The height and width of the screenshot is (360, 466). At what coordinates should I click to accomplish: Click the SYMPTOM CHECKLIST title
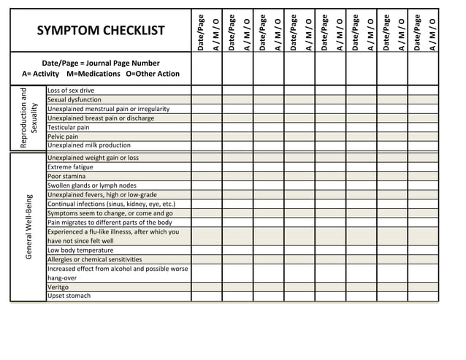coord(101,31)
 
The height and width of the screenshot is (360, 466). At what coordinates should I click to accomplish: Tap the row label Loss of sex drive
coord(71,91)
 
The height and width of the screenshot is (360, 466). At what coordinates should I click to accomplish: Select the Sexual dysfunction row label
coord(75,99)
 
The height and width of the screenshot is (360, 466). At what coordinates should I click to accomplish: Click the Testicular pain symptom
coord(69,127)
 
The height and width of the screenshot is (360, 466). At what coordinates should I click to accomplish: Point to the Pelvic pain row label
coord(63,137)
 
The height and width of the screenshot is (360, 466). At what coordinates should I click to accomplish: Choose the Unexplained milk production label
coord(89,145)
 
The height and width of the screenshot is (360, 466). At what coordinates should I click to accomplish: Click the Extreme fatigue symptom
coord(70,167)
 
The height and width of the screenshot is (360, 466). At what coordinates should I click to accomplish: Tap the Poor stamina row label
coord(65,176)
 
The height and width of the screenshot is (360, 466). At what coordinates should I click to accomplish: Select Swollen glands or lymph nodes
coord(92,185)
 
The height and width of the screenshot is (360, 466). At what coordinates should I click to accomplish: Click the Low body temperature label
coord(80,250)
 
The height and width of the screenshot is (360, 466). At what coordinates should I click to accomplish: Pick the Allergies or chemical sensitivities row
coord(95,259)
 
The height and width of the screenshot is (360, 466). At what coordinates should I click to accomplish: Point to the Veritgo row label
coord(58,287)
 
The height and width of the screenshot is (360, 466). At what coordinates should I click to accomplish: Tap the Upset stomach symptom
coord(69,296)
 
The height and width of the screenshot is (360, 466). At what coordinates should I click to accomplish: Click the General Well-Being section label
coord(28,226)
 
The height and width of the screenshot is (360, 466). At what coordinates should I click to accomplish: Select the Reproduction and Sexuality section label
coord(28,118)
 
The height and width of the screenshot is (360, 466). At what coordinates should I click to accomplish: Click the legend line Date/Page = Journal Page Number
coord(101,64)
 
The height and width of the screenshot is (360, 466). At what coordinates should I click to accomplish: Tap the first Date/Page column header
coord(199,31)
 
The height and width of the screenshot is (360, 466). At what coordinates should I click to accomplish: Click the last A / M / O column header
coord(432,31)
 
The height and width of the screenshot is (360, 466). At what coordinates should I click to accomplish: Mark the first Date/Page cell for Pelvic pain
coord(199,137)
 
